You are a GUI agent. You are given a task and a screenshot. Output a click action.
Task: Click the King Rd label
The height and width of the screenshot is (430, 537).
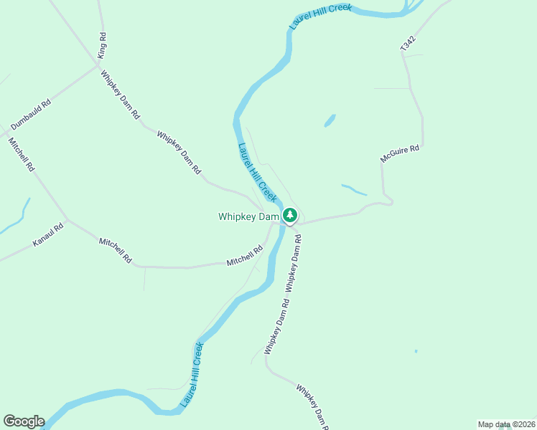click(x=103, y=45)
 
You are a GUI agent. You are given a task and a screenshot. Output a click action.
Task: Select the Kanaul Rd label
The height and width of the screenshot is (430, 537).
click(x=48, y=235)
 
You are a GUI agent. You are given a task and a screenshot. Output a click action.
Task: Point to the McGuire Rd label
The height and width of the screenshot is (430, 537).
click(x=399, y=153)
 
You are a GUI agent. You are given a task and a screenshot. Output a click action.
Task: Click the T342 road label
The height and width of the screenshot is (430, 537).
click(x=408, y=43)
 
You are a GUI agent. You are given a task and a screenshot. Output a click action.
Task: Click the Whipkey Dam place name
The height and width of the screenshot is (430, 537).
click(x=248, y=216)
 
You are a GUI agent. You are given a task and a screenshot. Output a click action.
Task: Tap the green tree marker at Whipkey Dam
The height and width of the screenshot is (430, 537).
click(x=289, y=215)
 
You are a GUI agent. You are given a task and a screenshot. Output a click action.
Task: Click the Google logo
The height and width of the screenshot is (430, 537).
click(x=24, y=421)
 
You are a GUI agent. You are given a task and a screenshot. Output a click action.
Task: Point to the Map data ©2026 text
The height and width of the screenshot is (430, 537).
click(x=505, y=424)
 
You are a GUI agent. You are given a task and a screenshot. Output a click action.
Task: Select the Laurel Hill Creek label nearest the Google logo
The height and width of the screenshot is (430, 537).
click(x=192, y=375)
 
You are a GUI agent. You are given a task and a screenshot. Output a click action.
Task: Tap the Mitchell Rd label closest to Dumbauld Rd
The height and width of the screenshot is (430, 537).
click(x=21, y=153)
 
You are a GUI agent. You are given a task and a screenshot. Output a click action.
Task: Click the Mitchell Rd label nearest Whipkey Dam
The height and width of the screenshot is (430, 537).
click(x=245, y=256)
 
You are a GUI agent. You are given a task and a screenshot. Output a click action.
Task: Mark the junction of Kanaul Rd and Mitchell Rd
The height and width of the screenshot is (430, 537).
click(x=67, y=219)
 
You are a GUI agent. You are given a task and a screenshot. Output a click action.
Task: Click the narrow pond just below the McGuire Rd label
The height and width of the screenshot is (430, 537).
click(x=354, y=190)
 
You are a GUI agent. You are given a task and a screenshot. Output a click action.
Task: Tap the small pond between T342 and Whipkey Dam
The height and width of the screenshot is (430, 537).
click(x=330, y=120)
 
